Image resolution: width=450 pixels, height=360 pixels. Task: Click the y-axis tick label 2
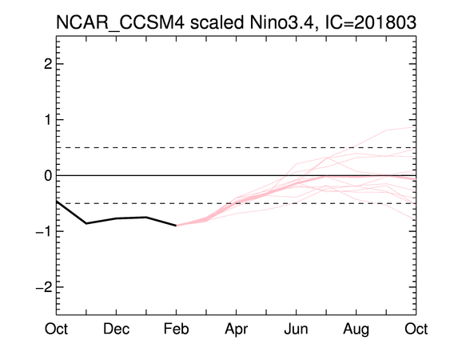(48, 64)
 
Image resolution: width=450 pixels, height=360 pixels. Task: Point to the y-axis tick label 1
(49, 120)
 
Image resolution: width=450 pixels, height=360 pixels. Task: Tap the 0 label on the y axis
(48, 175)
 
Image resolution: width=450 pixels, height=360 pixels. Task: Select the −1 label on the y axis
(44, 231)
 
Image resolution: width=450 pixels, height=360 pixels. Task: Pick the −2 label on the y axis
(44, 287)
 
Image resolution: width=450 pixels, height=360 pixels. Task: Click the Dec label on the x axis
(116, 329)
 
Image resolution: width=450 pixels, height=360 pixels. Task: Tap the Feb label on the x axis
(176, 329)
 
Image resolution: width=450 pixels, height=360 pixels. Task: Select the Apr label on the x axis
(237, 330)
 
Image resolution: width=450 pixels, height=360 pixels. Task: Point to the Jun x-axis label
(296, 329)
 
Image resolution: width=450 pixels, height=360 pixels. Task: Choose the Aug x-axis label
(356, 330)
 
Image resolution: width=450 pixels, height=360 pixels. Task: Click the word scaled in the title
(217, 22)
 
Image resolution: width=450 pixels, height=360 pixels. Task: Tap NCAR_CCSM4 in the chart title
(120, 23)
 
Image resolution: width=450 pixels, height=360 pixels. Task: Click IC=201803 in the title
(370, 22)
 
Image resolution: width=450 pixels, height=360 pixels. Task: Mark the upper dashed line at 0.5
(237, 148)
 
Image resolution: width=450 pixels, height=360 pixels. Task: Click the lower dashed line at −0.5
(237, 203)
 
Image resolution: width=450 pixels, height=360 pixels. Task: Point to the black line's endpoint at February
(176, 226)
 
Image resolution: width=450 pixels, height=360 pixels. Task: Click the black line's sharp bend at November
(86, 223)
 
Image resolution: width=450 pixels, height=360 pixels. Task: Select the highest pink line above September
(386, 130)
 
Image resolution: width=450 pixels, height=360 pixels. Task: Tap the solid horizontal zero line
(237, 175)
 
